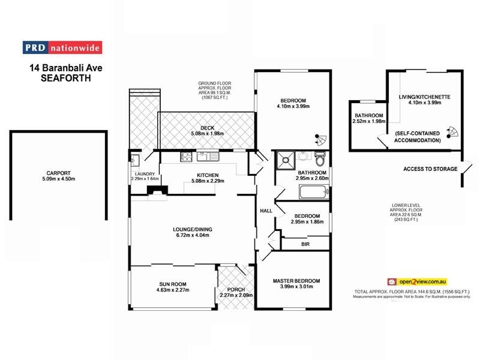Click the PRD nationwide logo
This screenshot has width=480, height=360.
(x=62, y=48)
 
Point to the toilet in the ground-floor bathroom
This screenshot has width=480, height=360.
(x=320, y=160)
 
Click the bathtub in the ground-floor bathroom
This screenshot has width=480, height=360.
(x=313, y=193)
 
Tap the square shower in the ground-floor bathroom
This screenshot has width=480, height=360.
(x=284, y=160)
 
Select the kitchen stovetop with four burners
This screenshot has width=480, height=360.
(x=187, y=158)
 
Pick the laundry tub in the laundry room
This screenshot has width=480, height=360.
(x=134, y=160)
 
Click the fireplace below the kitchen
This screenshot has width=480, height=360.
(x=158, y=190)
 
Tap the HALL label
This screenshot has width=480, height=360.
(x=266, y=211)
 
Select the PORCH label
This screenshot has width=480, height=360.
(x=236, y=288)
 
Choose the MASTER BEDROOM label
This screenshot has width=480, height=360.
(x=296, y=280)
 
